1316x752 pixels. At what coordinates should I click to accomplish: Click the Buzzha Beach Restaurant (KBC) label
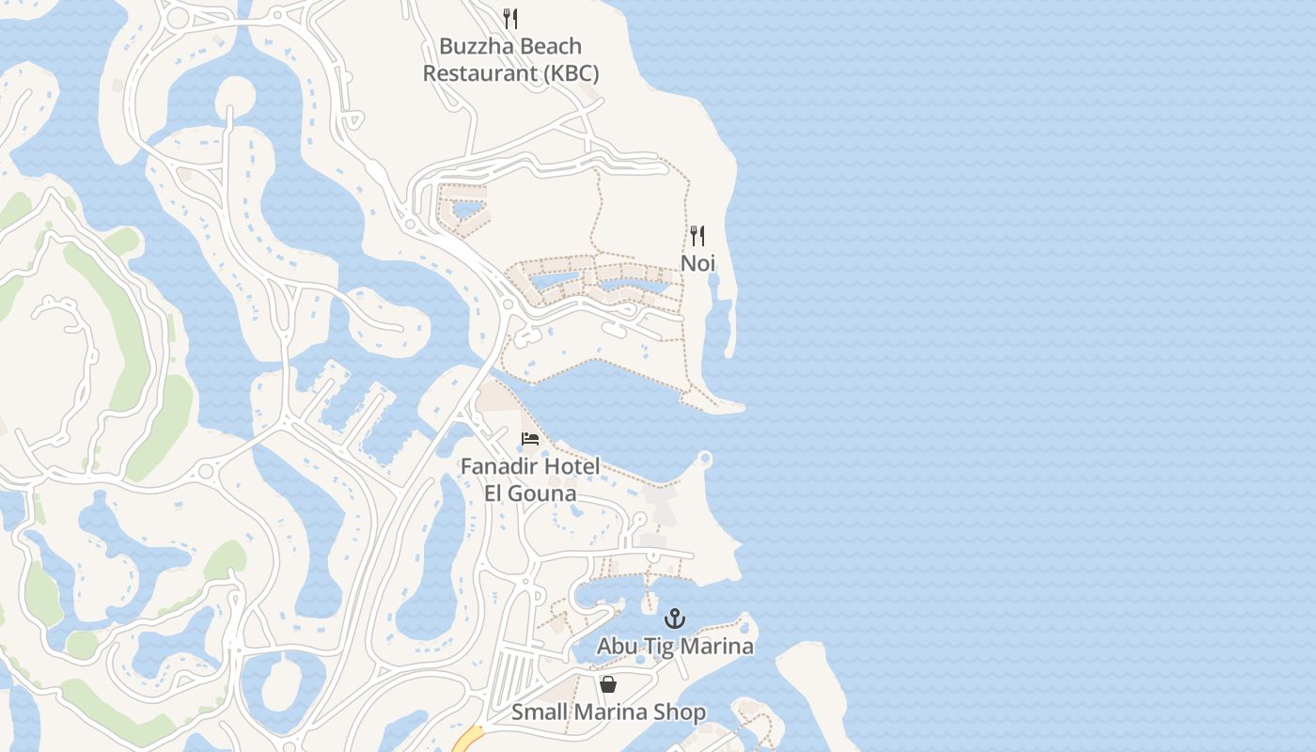[510, 59]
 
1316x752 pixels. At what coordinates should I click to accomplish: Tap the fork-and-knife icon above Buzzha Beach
[510, 18]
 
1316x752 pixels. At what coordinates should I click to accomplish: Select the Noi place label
[697, 263]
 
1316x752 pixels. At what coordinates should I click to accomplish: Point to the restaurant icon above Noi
[697, 235]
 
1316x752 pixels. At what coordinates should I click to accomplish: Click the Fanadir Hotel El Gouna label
[530, 479]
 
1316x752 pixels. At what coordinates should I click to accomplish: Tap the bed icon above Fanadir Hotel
[530, 439]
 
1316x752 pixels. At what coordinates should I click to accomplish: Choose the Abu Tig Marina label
[675, 647]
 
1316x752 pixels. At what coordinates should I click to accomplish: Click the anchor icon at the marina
[675, 619]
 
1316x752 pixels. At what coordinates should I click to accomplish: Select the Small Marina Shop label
[608, 713]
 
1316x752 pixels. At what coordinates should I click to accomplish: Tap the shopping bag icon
[608, 684]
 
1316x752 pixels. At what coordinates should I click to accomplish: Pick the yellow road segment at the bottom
[467, 741]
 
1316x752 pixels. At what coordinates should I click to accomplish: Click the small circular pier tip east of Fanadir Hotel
[704, 459]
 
